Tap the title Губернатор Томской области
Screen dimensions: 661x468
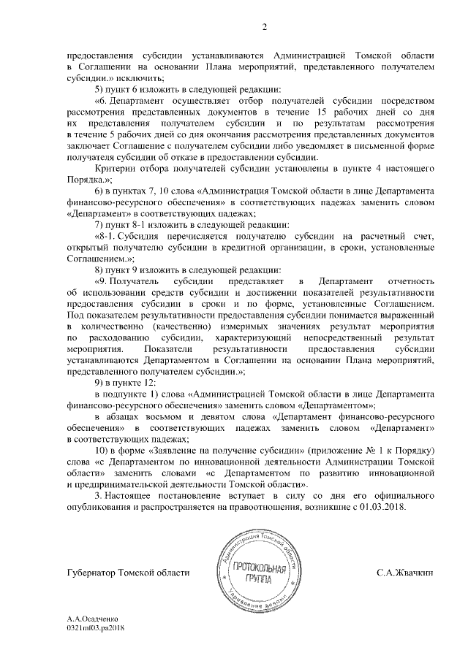coord(127,572)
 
